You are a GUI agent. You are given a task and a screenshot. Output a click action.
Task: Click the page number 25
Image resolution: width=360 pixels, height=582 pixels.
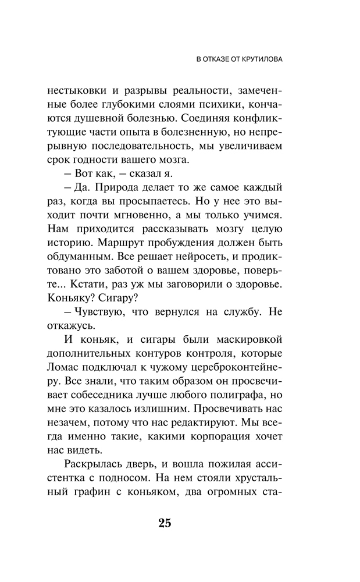tap(164, 522)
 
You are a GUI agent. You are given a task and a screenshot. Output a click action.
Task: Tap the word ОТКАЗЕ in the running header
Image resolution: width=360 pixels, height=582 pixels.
tap(218, 60)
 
